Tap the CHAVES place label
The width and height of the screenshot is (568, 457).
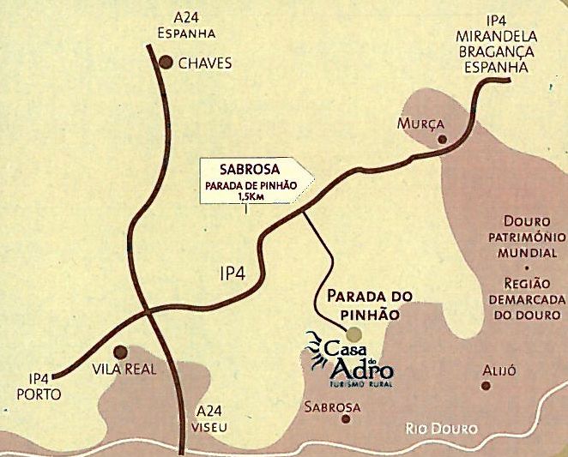pyautogui.click(x=206, y=63)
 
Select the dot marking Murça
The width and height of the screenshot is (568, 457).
pyautogui.click(x=442, y=138)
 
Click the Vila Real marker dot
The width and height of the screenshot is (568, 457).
pyautogui.click(x=121, y=352)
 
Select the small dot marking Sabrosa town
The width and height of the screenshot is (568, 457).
pyautogui.click(x=347, y=418)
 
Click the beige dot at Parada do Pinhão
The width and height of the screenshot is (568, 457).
pyautogui.click(x=355, y=333)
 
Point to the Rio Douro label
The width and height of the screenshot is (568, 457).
pyautogui.click(x=441, y=430)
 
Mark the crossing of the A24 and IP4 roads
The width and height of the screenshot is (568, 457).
pyautogui.click(x=148, y=310)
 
